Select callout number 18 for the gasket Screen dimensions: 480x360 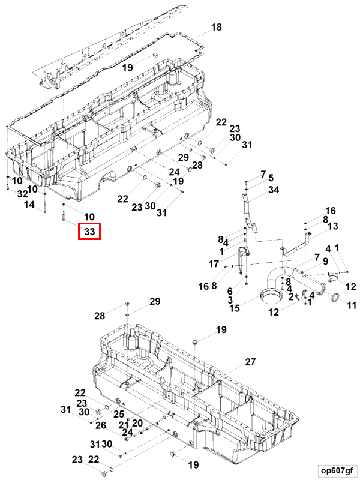[217, 27]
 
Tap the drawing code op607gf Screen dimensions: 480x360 [336, 469]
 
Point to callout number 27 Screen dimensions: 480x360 [250, 362]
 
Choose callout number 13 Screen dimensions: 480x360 [332, 226]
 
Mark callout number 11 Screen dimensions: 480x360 [352, 305]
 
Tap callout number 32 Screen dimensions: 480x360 [23, 194]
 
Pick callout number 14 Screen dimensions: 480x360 [29, 205]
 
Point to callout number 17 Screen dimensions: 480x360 [214, 263]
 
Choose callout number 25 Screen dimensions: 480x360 [119, 413]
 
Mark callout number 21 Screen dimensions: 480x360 [123, 424]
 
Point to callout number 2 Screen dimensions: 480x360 [291, 297]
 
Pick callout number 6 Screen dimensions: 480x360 [230, 290]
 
